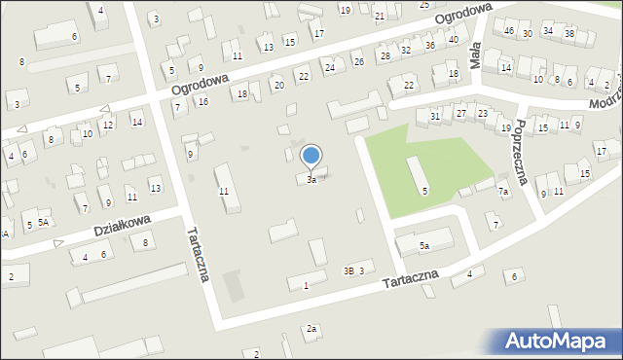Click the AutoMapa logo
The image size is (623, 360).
[x=559, y=341]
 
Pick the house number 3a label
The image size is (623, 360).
[x=311, y=180]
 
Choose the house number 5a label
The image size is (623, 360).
[x=424, y=246]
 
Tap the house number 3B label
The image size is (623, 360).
[x=348, y=270]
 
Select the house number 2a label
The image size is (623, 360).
[x=311, y=329]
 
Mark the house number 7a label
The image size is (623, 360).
[x=503, y=192]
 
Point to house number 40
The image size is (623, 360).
[x=454, y=39]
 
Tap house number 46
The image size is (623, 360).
[x=509, y=31]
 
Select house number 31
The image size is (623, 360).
[x=435, y=116]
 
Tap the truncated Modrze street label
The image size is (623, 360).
[x=603, y=104]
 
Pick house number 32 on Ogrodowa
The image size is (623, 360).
[x=405, y=50]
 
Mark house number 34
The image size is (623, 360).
[x=548, y=31]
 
